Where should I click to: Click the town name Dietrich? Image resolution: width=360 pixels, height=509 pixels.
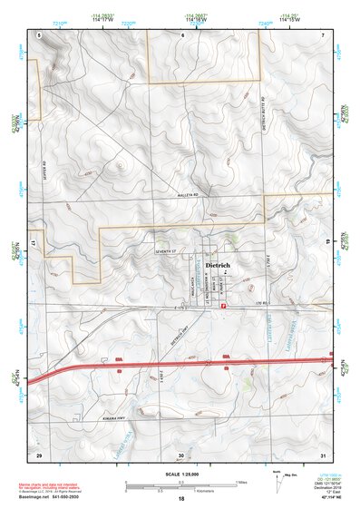(219, 266)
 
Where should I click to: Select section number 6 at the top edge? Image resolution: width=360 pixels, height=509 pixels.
(182, 34)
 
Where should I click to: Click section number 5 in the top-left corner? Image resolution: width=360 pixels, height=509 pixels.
(40, 34)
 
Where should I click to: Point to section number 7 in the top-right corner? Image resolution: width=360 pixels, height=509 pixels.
(322, 34)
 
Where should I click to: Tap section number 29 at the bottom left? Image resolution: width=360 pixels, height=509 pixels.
(38, 454)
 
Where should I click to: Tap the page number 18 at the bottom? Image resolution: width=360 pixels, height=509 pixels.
(181, 499)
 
